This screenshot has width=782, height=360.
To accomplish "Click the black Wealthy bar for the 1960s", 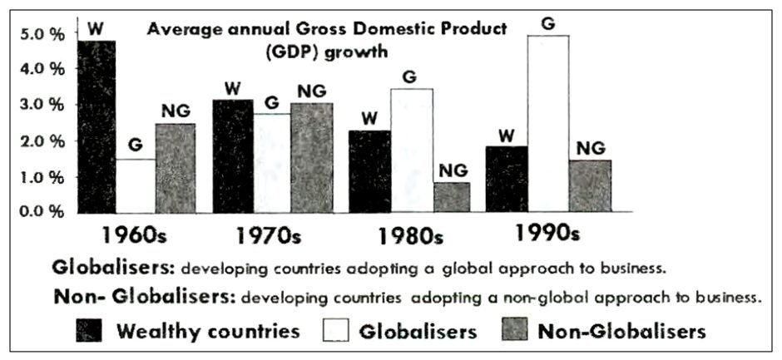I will click(x=94, y=125).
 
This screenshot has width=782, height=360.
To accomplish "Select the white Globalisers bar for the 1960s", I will click(x=135, y=185).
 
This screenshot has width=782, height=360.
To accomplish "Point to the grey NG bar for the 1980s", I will click(x=453, y=197).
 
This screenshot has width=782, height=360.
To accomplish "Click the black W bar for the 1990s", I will click(x=507, y=179).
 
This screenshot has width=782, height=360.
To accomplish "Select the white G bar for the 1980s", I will click(x=412, y=150).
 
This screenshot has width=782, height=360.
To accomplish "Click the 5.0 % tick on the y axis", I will click(x=41, y=35).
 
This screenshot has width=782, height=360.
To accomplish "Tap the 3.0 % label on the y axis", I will click(x=41, y=106).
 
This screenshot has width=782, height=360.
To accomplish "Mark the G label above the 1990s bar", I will click(x=547, y=23).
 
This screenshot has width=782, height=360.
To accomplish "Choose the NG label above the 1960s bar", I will click(x=176, y=111).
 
